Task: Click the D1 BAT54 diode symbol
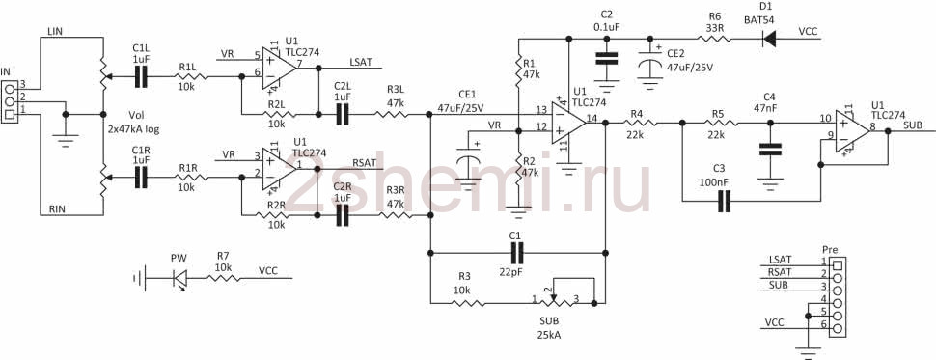coord(769,39)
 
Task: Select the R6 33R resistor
coord(714,39)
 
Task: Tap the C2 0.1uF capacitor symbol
coord(607,59)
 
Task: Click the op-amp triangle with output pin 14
coord(568,123)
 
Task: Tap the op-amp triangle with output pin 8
coord(852,130)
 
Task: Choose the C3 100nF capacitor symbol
coord(724,201)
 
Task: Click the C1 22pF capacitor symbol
coord(517,253)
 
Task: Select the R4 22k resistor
coord(640,123)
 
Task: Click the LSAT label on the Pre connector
coord(780,260)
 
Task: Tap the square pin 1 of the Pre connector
coord(838,264)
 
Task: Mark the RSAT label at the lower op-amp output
coord(364,162)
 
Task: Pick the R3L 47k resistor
coord(392,114)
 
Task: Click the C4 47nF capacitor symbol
coord(769,150)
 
